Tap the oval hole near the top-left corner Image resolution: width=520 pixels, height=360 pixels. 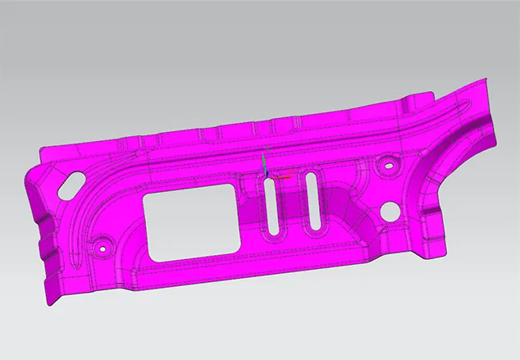pyautogui.click(x=74, y=180)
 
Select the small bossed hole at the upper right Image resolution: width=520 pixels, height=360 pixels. pyautogui.click(x=385, y=168)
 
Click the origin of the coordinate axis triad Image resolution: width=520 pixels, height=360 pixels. pyautogui.click(x=264, y=175)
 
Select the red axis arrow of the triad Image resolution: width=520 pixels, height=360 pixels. pyautogui.click(x=283, y=175)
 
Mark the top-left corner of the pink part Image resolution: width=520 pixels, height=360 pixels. pyautogui.click(x=41, y=146)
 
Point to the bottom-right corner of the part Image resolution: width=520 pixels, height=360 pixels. pyautogui.click(x=436, y=257)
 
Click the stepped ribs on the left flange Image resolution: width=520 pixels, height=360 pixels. pyautogui.click(x=45, y=246)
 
